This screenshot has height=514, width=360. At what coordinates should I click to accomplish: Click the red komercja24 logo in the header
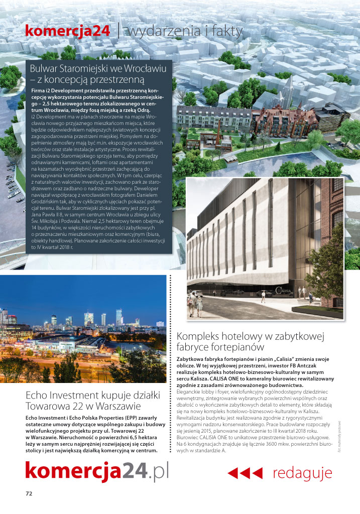tap(67, 31)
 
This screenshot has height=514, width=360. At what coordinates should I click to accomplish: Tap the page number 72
tap(29, 493)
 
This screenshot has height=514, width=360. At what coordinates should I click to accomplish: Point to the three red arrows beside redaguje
tap(245, 473)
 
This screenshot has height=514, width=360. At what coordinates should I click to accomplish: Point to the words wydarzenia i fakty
tap(186, 31)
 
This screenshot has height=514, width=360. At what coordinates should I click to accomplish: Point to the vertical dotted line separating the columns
tap(172, 366)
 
